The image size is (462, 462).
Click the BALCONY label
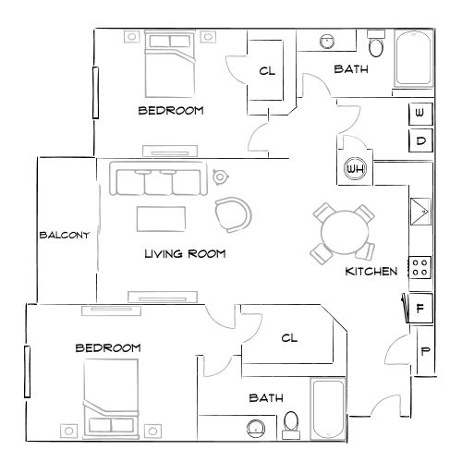[x=64, y=235]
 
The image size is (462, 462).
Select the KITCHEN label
[x=371, y=272]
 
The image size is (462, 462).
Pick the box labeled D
[x=420, y=140]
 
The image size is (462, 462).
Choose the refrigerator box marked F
[x=420, y=309]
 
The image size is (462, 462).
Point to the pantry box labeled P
[x=424, y=352]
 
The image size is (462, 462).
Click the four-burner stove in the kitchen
[x=420, y=267]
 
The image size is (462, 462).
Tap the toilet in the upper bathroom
[x=376, y=43]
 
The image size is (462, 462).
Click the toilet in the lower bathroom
[x=291, y=423]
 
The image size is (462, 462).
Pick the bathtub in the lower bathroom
[x=328, y=408]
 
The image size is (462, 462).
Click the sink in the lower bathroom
[x=256, y=427]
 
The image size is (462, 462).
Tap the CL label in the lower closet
[x=289, y=338]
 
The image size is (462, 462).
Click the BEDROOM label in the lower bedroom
[x=107, y=347]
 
